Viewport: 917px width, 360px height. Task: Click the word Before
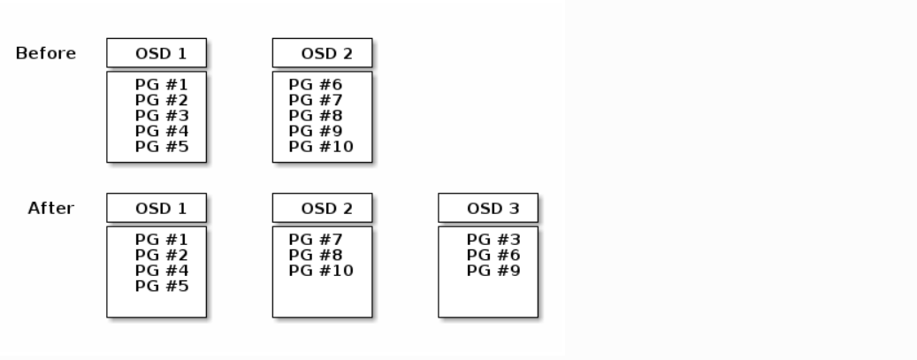tap(46, 53)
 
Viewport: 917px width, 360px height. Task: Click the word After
tap(51, 209)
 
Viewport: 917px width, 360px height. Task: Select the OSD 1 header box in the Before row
tap(157, 53)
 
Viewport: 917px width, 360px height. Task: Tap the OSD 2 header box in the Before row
tap(322, 53)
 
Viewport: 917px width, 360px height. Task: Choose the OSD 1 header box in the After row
tap(157, 208)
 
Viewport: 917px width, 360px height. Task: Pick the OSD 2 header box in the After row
tap(322, 208)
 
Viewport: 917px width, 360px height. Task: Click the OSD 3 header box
tap(488, 208)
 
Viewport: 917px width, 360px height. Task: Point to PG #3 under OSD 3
tap(493, 240)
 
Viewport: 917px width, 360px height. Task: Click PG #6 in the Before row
tap(315, 85)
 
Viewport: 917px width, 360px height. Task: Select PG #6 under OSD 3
tap(493, 256)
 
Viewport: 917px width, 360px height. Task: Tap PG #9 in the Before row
tap(315, 131)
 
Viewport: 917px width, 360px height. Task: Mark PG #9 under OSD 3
tap(493, 271)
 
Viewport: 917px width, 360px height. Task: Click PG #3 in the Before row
tap(162, 116)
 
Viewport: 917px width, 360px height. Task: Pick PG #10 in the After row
tap(321, 271)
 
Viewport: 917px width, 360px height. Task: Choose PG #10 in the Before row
tap(321, 147)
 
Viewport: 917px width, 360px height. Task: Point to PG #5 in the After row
tap(162, 287)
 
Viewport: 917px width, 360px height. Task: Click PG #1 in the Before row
tap(162, 85)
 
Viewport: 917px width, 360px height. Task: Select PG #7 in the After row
tap(315, 240)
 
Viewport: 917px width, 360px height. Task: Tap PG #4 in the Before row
tap(162, 131)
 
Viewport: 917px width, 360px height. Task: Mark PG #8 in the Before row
tap(315, 116)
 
